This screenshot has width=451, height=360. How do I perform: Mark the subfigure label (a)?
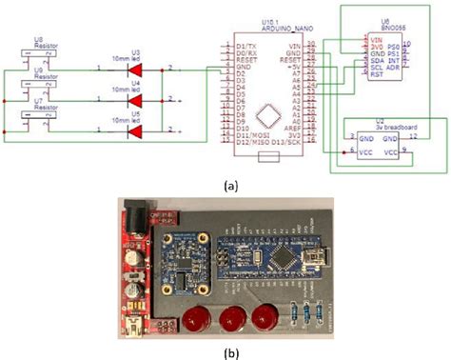225,188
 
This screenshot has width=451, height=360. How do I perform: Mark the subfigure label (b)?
225,351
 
